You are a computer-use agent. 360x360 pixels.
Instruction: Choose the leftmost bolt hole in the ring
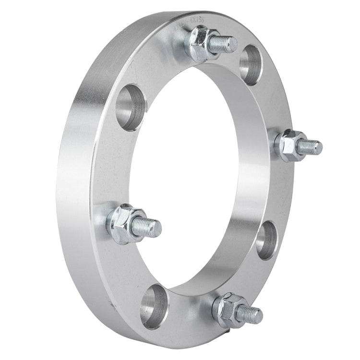[131, 107]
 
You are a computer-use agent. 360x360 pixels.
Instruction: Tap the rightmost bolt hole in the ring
[266, 240]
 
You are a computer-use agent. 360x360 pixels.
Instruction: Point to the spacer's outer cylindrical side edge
[72, 192]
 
